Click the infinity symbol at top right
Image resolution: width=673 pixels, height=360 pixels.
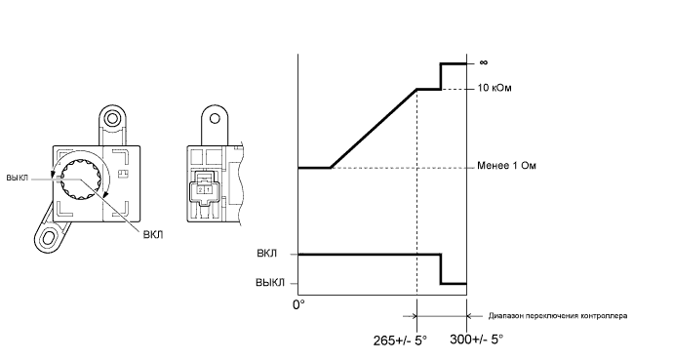point(484,62)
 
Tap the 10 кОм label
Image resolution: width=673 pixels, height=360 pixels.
point(495,89)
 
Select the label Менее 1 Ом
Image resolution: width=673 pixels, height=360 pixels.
point(506,166)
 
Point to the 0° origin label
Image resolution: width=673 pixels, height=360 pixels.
point(298,304)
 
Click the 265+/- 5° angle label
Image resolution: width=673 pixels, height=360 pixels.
point(400,340)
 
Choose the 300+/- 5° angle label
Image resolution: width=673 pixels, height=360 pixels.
point(476,340)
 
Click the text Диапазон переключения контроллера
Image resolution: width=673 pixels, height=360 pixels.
point(558,316)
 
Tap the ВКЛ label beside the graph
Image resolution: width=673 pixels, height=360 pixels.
point(267,253)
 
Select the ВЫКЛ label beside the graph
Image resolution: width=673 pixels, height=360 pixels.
point(270,283)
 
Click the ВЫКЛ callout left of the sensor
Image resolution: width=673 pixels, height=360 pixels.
point(18,178)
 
